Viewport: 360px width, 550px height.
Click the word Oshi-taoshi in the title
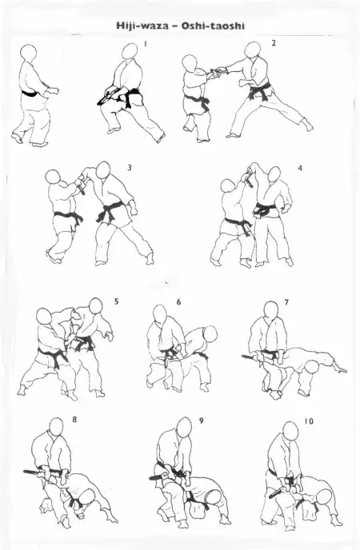213,26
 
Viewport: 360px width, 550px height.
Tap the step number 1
146,43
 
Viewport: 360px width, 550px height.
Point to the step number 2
274,43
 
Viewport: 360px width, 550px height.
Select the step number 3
130,168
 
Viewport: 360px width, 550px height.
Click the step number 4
300,168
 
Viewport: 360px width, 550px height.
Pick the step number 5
117,301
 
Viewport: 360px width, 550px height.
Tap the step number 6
178,301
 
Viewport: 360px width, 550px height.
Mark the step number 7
286,301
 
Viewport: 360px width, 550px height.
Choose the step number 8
74,419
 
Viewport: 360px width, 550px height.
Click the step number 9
201,420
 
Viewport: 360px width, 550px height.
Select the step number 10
309,420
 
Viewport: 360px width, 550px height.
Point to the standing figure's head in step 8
57,427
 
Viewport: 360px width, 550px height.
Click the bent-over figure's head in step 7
311,369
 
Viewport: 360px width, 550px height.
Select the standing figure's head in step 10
290,431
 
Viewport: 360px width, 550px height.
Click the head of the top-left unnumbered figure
28,54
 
